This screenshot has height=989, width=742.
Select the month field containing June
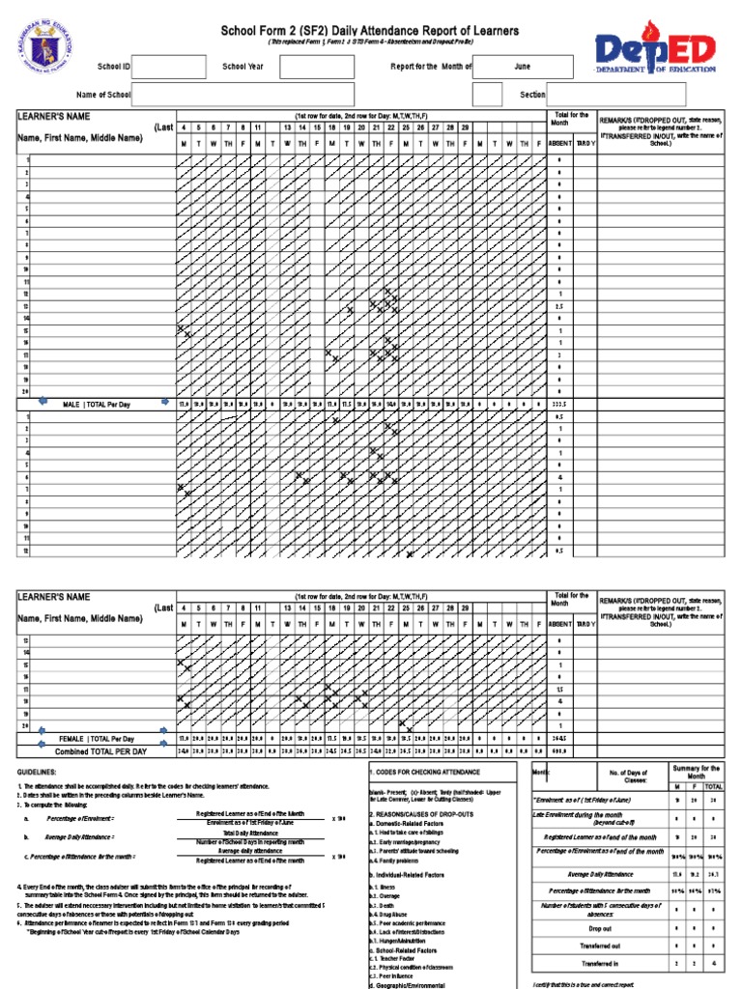coord(522,67)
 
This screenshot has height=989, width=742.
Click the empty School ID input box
coord(168,67)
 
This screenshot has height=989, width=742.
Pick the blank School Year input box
coord(317,67)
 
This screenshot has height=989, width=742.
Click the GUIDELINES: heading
coord(36,773)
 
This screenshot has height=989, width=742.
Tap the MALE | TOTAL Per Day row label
coord(96,404)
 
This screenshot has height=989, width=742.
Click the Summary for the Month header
coord(697,773)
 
